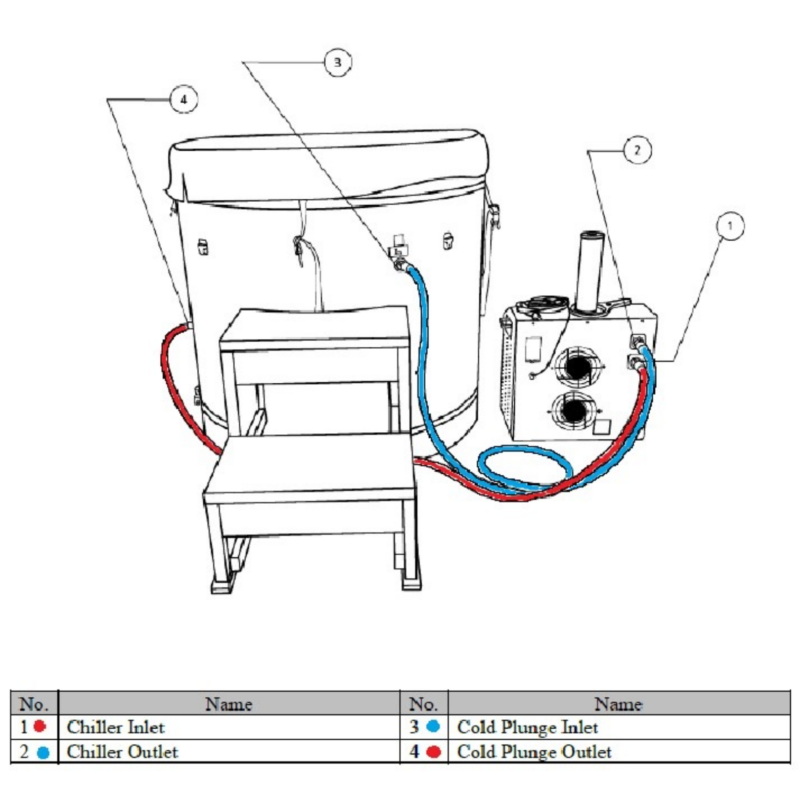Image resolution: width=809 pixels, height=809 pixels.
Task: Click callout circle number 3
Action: (x=337, y=63)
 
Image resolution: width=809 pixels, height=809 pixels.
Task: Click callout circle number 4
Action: (x=183, y=100)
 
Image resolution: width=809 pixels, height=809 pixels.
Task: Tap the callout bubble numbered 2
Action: (x=637, y=150)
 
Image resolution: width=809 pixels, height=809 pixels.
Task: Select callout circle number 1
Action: (x=730, y=226)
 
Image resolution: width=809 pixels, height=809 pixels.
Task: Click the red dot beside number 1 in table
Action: (x=39, y=727)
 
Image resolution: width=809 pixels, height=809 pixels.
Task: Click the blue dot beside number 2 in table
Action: (x=43, y=753)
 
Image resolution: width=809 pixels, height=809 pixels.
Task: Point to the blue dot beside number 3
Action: (x=433, y=726)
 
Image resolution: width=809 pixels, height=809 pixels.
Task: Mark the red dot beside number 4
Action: (x=433, y=752)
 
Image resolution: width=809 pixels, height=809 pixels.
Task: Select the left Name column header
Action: (x=229, y=704)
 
